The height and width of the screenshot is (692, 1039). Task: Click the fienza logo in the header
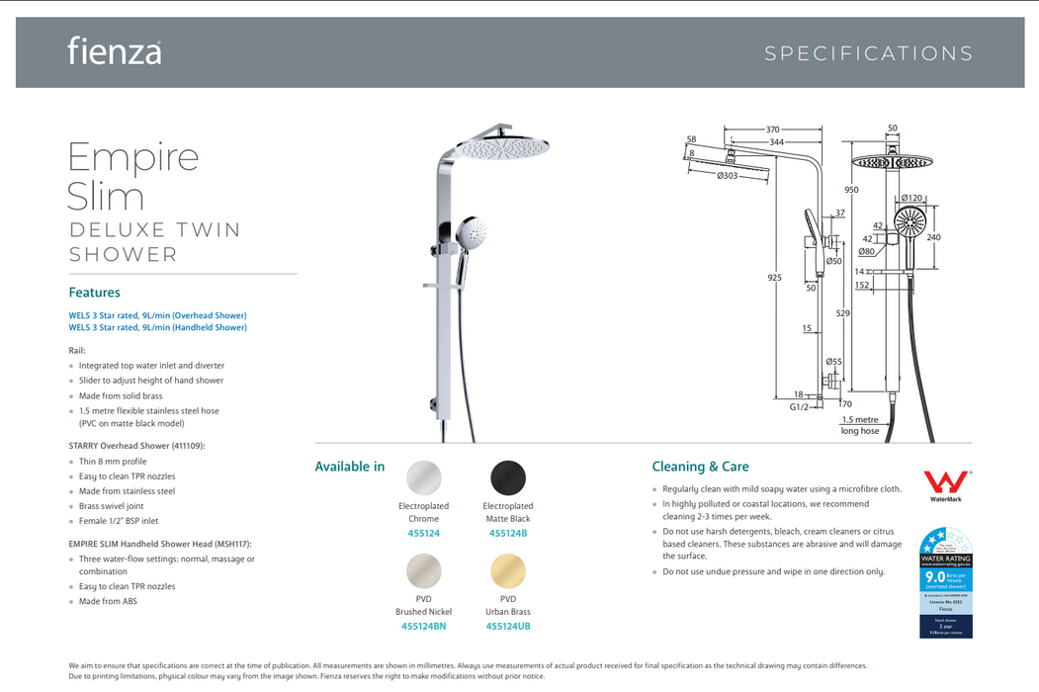coord(115,50)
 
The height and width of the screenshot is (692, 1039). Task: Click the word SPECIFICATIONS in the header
coord(869,54)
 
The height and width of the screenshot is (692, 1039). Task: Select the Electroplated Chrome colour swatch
coord(424,477)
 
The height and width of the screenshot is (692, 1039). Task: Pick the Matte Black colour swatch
coord(508,477)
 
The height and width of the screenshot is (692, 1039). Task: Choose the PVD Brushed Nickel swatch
coord(424,570)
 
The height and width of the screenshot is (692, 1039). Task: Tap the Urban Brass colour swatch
coord(508,570)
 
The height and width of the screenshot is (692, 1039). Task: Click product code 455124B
coord(508,534)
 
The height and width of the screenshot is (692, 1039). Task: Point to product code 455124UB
coord(509,626)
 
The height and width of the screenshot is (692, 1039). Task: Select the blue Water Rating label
coord(946,582)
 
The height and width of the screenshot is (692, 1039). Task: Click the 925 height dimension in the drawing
coord(775,278)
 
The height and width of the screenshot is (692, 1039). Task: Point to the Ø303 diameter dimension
coord(729,176)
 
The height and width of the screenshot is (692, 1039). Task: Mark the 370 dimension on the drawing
coord(772,130)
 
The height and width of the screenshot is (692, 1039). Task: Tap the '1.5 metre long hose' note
coord(859,425)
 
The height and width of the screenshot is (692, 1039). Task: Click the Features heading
coord(94,293)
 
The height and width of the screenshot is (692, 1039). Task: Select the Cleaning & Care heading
coord(700,467)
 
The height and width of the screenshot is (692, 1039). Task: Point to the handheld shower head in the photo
coord(472,233)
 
